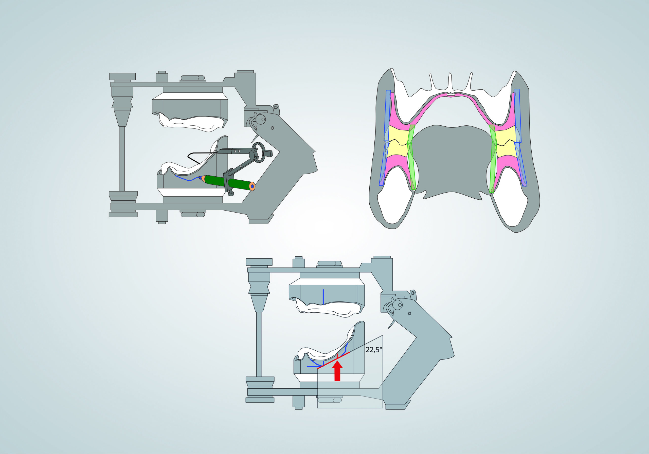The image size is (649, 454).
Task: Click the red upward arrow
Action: (337, 371)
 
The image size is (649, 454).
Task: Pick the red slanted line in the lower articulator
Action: (334, 361)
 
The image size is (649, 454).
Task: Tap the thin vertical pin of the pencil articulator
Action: (122, 159)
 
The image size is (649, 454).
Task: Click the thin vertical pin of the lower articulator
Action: (259, 344)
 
